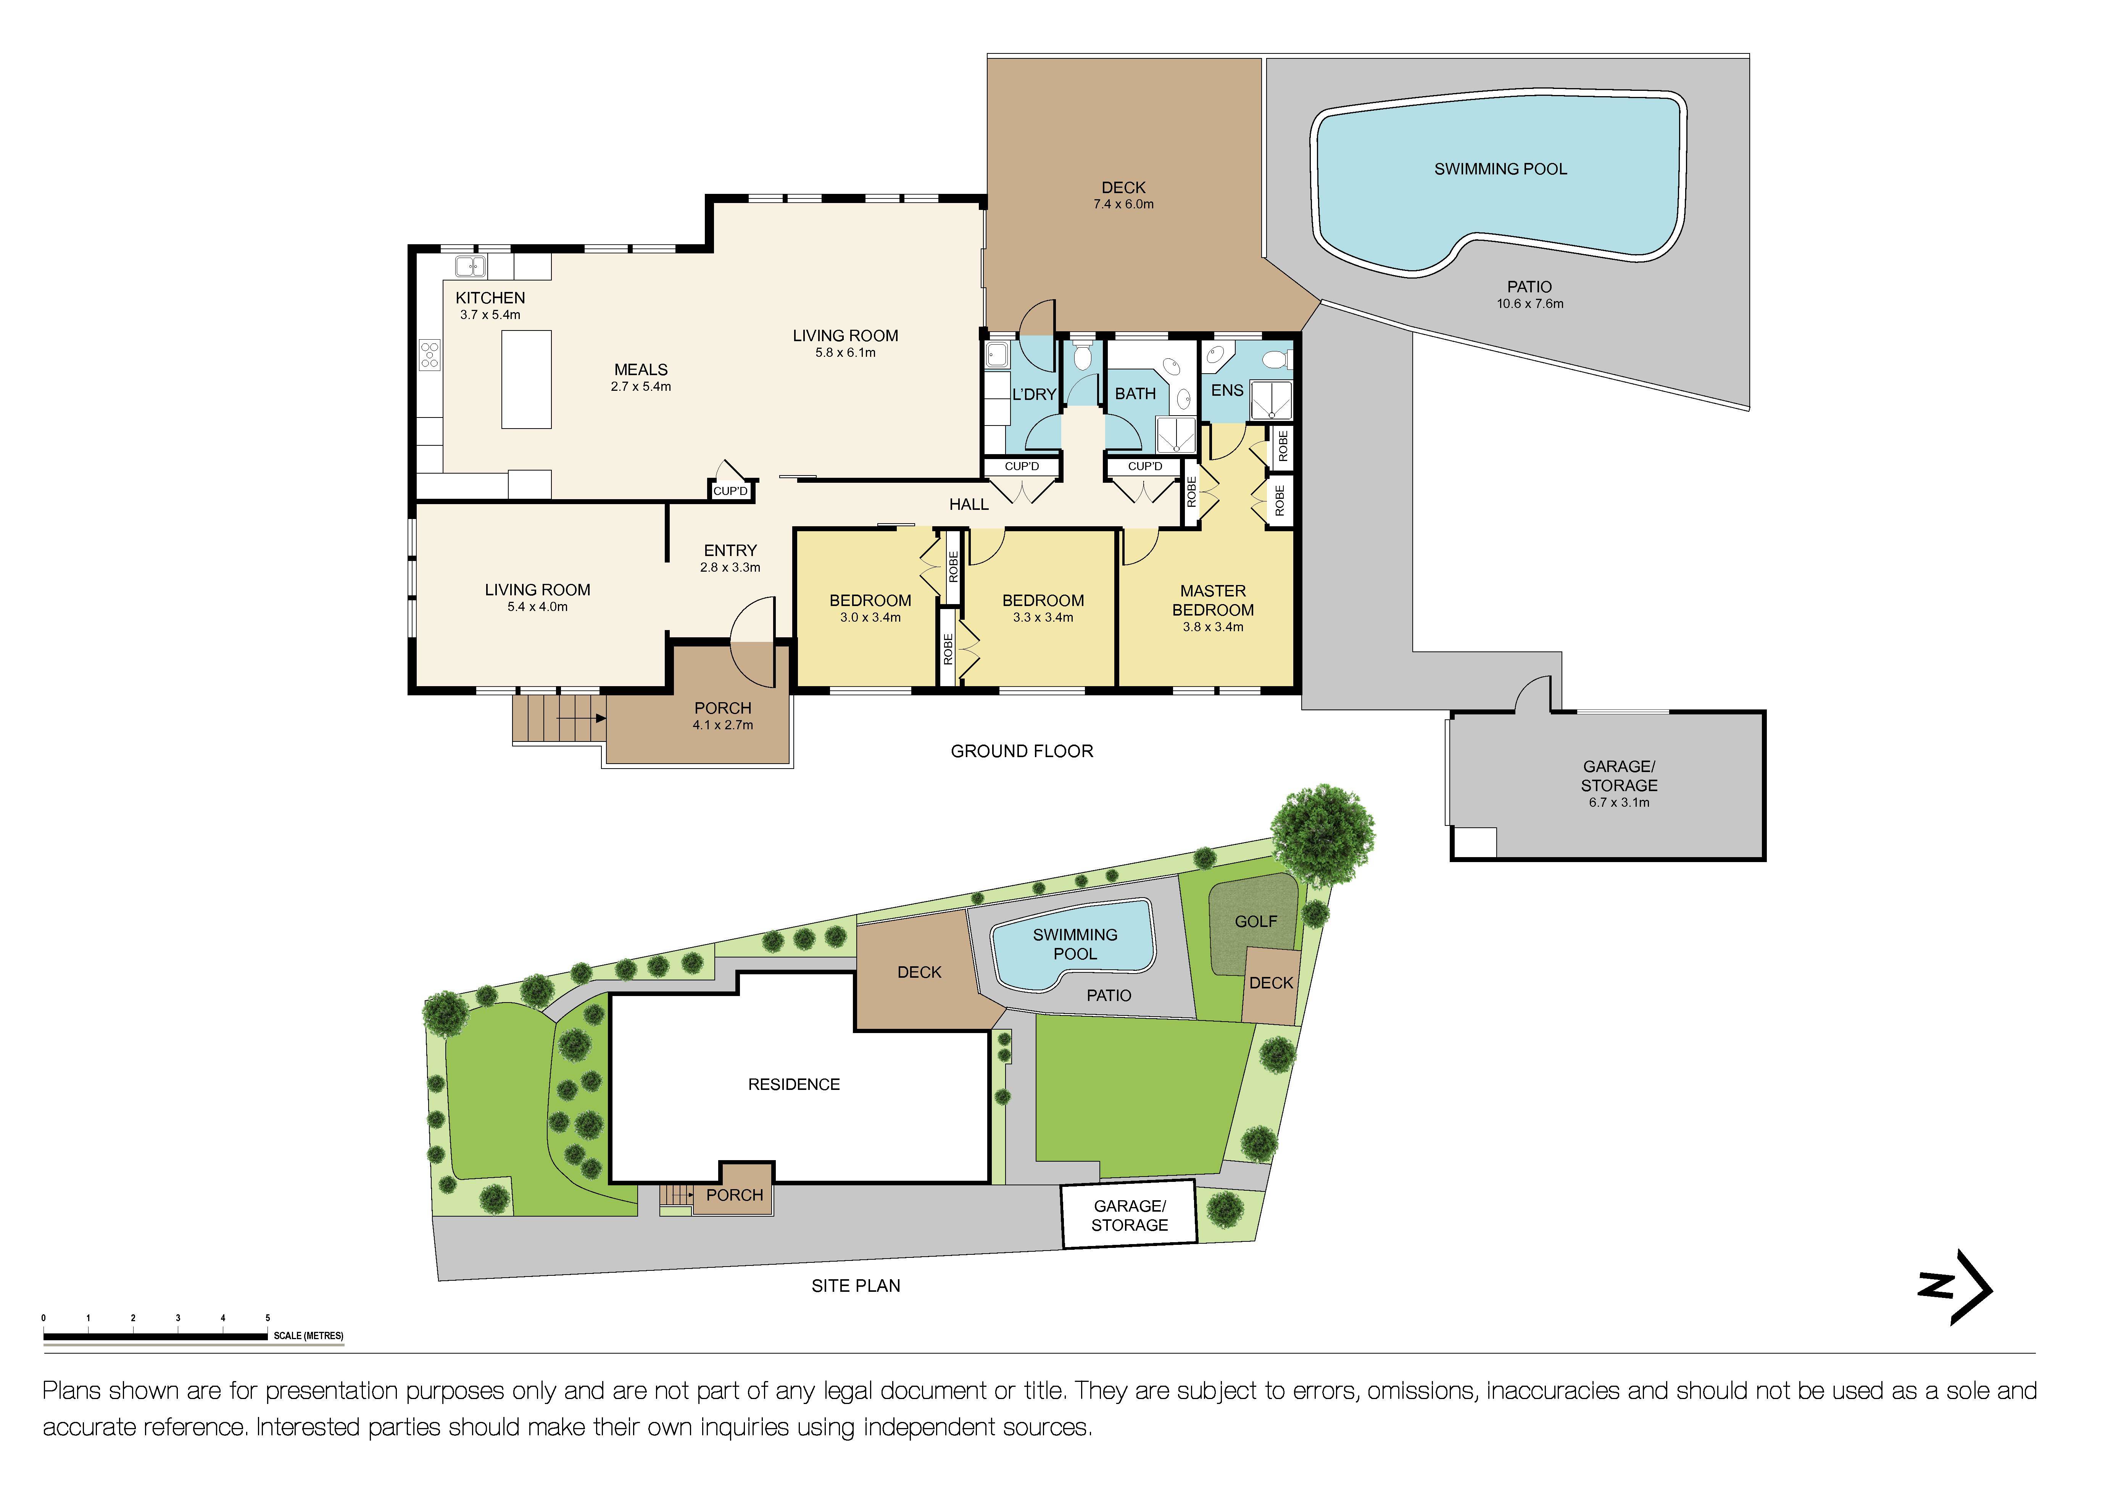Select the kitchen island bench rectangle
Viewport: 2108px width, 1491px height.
coord(526,379)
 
